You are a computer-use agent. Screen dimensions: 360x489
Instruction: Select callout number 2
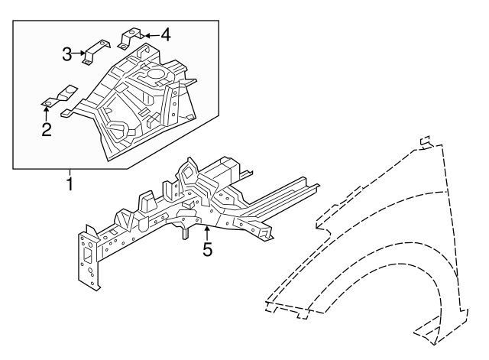point(47,129)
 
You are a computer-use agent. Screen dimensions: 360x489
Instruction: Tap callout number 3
point(67,53)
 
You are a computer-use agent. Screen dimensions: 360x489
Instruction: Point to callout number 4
point(165,34)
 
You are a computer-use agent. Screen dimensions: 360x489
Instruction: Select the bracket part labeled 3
point(96,51)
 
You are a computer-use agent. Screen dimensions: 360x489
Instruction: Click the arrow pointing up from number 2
point(47,112)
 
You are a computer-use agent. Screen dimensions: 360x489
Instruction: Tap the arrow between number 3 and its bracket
point(79,53)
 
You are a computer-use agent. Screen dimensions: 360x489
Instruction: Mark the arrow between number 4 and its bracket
point(150,34)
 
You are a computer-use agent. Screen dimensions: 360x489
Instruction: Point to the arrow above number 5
point(206,231)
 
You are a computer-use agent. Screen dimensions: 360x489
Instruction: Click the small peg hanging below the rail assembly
point(184,232)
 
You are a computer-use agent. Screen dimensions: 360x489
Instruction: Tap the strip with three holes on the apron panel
point(174,105)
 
